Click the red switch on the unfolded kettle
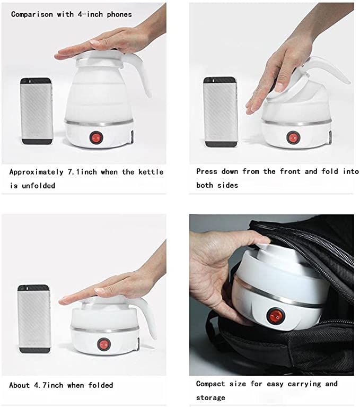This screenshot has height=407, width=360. tap(96, 137)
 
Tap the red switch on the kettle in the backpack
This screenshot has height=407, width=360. tap(276, 316)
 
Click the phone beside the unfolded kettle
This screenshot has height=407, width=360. tap(37, 111)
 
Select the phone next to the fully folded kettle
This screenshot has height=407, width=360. tap(34, 319)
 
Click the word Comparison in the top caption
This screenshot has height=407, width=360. tap(32, 14)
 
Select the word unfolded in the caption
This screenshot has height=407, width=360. tap(38, 186)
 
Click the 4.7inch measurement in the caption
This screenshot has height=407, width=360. tap(48, 385)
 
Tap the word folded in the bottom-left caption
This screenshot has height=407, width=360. tap(101, 385)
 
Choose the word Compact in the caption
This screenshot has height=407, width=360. tap(210, 384)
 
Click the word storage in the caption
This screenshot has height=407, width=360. tap(210, 397)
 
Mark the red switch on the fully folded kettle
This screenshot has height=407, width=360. tap(104, 344)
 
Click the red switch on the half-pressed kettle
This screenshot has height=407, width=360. tap(293, 137)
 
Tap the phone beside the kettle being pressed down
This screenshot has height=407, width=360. tap(221, 112)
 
